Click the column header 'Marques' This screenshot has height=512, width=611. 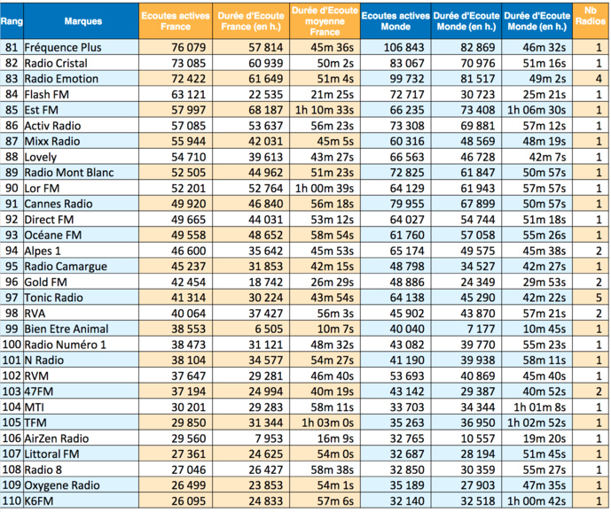pyautogui.click(x=83, y=20)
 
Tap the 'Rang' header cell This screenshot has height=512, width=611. pyautogui.click(x=12, y=20)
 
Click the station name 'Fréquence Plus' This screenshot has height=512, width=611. pyautogui.click(x=63, y=48)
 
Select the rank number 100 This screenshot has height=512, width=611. pyautogui.click(x=12, y=345)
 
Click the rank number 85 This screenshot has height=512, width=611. pyautogui.click(x=12, y=110)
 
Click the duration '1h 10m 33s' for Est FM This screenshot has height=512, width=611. pyautogui.click(x=325, y=110)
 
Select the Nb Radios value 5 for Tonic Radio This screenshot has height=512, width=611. pyautogui.click(x=599, y=298)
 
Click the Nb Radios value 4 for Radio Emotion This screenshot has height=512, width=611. pyautogui.click(x=599, y=79)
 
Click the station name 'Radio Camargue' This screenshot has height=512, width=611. pyautogui.click(x=66, y=266)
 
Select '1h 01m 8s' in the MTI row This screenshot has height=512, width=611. pyautogui.click(x=544, y=407)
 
